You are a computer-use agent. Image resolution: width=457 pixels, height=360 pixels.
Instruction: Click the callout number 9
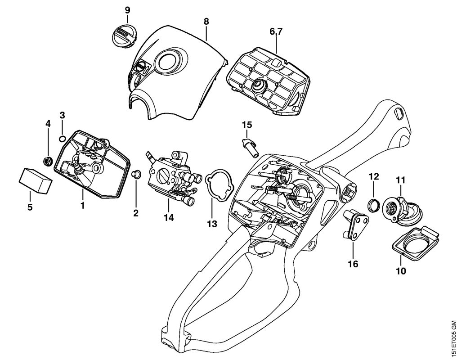coord(127,9)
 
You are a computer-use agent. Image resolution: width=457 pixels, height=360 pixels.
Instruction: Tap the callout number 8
coord(206,21)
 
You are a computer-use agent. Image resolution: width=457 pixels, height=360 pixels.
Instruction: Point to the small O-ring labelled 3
coord(63,138)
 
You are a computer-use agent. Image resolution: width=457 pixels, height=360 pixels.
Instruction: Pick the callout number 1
coord(82,205)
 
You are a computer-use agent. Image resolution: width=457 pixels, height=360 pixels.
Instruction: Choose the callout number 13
coord(212,224)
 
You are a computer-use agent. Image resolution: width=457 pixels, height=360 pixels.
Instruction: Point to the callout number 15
coord(247,124)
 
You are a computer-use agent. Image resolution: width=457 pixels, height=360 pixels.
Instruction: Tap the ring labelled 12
coord(373,206)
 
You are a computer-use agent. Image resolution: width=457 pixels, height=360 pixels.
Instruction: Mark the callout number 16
coord(353,264)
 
